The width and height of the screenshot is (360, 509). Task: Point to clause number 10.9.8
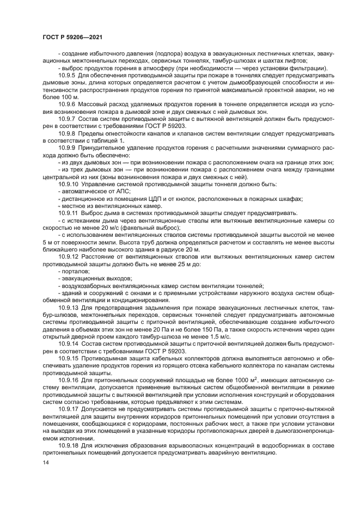point(67,132)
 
